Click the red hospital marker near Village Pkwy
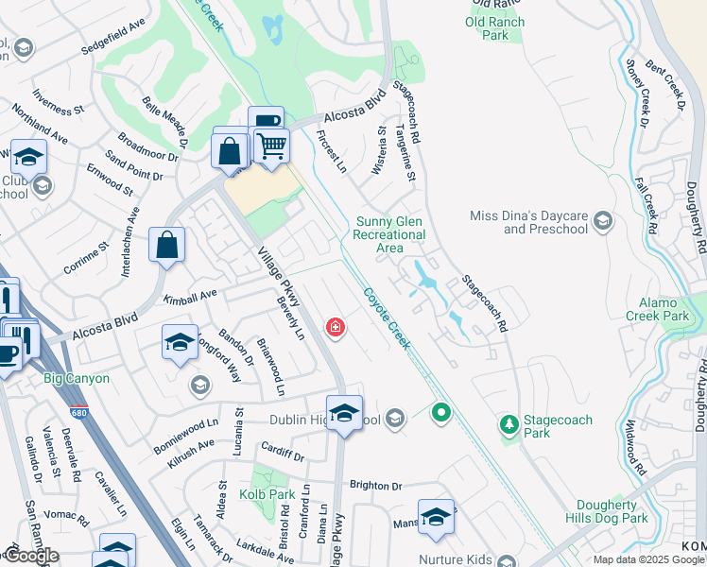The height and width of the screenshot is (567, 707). tap(335, 327)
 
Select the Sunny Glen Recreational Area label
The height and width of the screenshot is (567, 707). tap(389, 235)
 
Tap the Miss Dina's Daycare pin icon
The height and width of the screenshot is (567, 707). tap(603, 223)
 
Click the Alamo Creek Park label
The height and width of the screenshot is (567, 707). tap(663, 309)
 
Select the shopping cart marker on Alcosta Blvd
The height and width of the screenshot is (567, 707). tap(271, 146)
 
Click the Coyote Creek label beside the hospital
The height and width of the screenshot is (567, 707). tap(388, 318)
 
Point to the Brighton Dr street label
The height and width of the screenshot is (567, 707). tap(376, 485)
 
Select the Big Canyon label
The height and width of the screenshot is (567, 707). tap(77, 379)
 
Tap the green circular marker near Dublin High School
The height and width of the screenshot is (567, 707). tap(440, 412)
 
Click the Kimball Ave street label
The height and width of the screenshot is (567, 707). tap(190, 298)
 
